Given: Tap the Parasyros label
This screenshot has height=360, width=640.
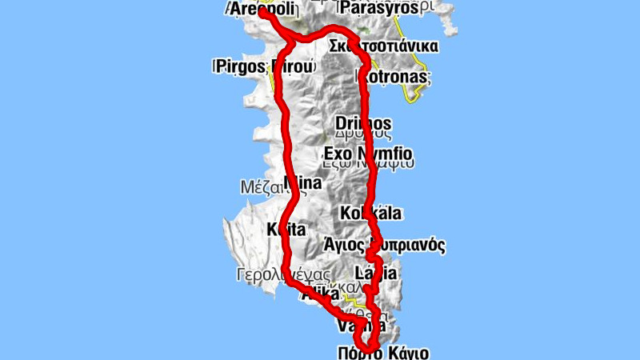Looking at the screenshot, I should (x=378, y=8).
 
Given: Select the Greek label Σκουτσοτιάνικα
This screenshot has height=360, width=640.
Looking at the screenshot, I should (x=383, y=46).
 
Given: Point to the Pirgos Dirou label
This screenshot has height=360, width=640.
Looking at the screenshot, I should (x=263, y=66).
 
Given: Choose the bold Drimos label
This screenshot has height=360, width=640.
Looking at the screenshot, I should (x=363, y=124).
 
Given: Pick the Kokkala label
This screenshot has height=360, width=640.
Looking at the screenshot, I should (x=370, y=214).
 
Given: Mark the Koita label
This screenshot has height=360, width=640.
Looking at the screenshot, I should (x=286, y=230).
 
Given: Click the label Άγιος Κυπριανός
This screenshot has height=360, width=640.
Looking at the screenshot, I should (x=394, y=245).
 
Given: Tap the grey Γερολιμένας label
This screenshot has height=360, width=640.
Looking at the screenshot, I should (x=272, y=274).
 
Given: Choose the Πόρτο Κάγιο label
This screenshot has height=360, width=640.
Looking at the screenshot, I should (x=383, y=352).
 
